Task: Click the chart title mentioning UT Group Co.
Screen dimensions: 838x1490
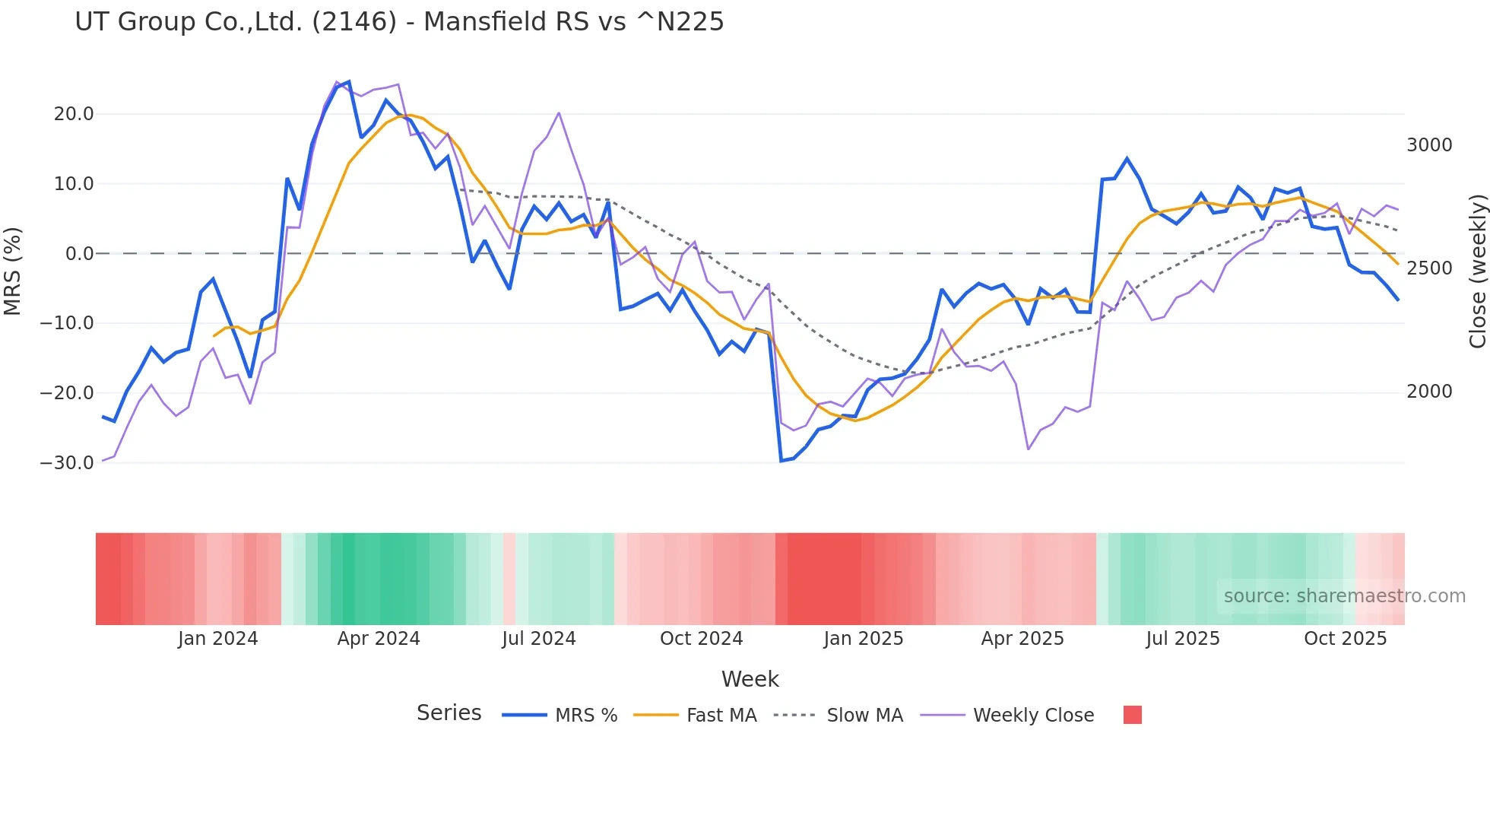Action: (x=399, y=21)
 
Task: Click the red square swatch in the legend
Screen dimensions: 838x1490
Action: (x=1132, y=715)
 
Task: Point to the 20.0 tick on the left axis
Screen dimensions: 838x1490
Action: (x=74, y=114)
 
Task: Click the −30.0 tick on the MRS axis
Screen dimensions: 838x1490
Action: (x=67, y=462)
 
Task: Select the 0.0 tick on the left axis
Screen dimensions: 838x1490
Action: (x=79, y=254)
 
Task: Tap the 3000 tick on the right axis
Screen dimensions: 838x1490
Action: (x=1429, y=145)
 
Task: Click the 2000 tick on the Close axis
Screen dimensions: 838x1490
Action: (x=1429, y=392)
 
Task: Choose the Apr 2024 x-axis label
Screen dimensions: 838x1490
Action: (x=379, y=639)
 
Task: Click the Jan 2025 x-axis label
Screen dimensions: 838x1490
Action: (x=864, y=639)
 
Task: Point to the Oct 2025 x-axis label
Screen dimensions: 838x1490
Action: (x=1346, y=639)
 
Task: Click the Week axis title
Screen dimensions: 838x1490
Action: (x=750, y=679)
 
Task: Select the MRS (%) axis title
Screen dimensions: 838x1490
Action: (x=12, y=271)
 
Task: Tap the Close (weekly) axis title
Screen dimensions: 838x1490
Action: (x=1477, y=271)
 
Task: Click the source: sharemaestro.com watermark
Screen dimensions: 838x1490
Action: (x=1344, y=596)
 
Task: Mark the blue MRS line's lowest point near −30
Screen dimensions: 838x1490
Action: (x=781, y=461)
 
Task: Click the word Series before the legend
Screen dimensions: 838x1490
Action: (x=449, y=713)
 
